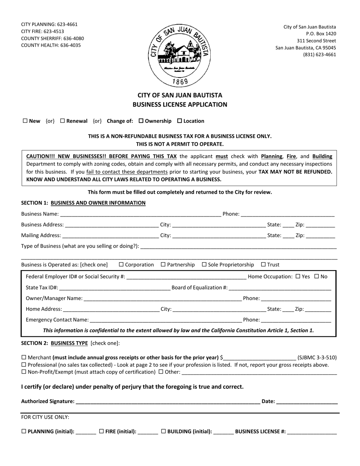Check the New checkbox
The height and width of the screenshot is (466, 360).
[x=25, y=121]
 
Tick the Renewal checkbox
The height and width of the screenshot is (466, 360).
[x=63, y=121]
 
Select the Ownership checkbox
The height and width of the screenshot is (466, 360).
[x=141, y=121]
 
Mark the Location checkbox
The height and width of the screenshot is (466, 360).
[x=180, y=121]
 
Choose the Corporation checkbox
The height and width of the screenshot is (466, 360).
[x=121, y=265]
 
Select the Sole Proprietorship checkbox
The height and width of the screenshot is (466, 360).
[x=204, y=265]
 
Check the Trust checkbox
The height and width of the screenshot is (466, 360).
[x=263, y=265]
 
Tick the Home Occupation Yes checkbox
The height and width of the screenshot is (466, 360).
[x=297, y=277]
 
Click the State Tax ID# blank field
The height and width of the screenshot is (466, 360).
[x=114, y=288]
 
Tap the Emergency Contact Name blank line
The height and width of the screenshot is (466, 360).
[x=165, y=320]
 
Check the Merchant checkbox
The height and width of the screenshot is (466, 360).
[x=24, y=357]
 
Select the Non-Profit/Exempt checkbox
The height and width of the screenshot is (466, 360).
[x=24, y=372]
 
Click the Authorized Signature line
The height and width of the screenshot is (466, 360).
[x=167, y=402]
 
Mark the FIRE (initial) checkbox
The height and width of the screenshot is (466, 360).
[x=102, y=431]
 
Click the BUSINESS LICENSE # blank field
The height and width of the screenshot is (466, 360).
[x=311, y=432]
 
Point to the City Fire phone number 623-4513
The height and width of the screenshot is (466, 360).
[x=53, y=31]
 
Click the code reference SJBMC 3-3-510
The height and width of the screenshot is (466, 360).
[x=317, y=357]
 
